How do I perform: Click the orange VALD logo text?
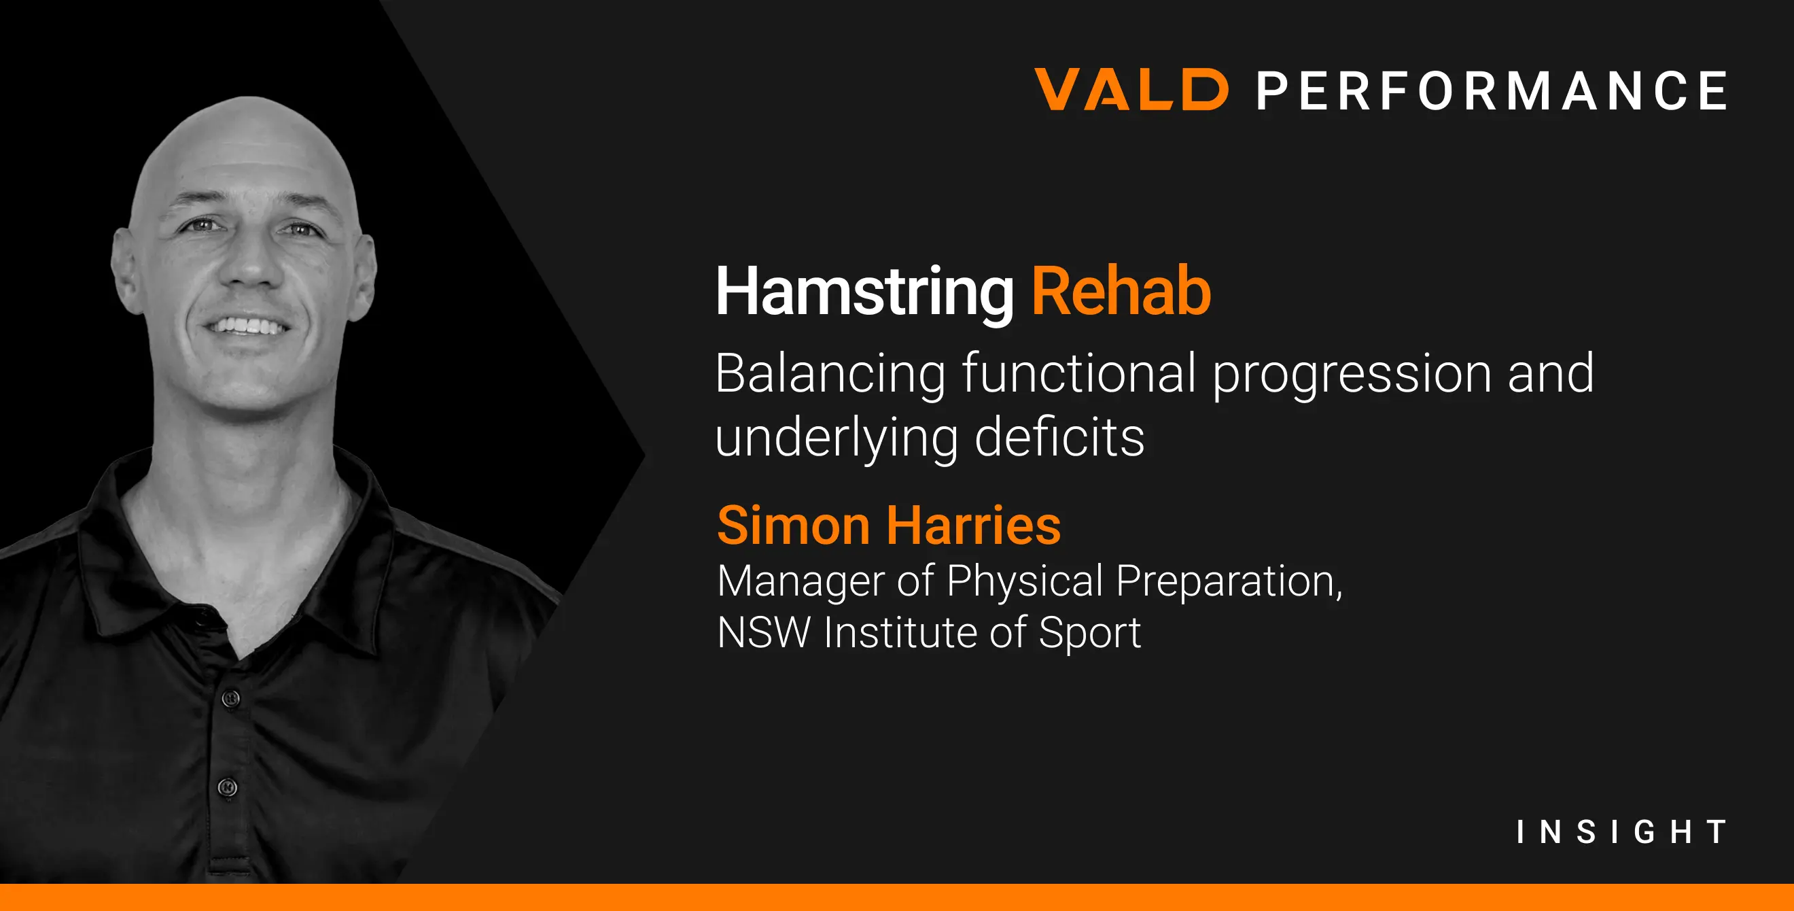pos(1131,89)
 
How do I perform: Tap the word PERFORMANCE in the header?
pos(1492,90)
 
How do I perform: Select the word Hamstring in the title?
pos(865,292)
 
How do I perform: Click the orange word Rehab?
pos(1121,291)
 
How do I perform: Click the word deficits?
pos(1059,436)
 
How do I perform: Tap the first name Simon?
pos(793,525)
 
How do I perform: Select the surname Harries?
pos(974,525)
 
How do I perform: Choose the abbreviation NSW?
pos(764,632)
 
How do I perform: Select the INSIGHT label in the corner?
pos(1622,831)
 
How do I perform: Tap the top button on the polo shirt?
pos(231,698)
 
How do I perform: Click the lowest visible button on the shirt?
pos(227,787)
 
